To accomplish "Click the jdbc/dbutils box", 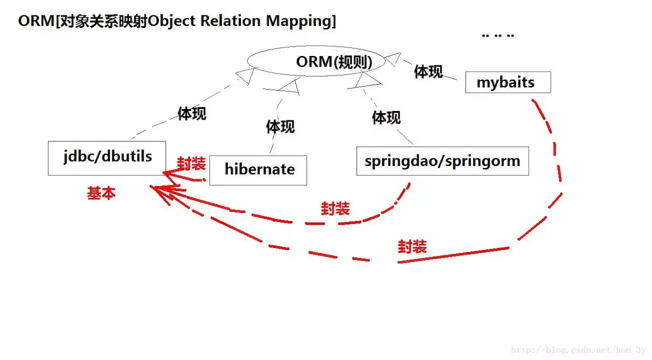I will coord(107,158).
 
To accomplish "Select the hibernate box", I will coord(258,170).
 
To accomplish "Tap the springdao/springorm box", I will coord(442,161).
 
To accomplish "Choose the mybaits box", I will coord(508,82).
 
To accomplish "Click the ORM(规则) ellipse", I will coord(316,62).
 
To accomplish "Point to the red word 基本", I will coord(101,193).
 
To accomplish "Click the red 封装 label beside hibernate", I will coord(191,163).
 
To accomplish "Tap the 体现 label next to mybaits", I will coord(428,72).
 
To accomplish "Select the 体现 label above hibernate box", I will coord(280,126).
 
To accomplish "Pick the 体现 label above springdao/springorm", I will coord(386,118).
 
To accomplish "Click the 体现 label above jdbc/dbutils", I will coord(192,114).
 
